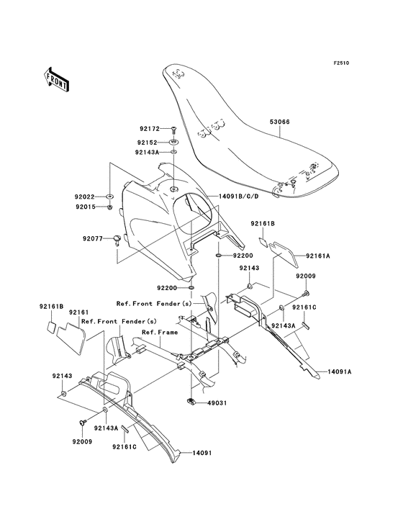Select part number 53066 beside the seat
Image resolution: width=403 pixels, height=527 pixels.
point(280,122)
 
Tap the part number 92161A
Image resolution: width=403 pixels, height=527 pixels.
point(317,256)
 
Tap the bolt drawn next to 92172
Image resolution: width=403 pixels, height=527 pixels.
point(174,129)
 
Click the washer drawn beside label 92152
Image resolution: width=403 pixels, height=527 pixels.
point(174,141)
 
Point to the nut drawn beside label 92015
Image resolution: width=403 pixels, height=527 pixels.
point(109,207)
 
